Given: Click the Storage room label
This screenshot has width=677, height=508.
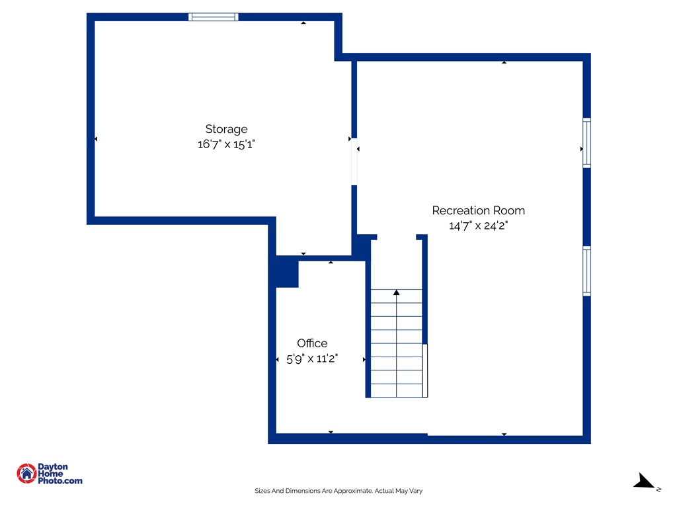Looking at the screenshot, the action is point(226,129).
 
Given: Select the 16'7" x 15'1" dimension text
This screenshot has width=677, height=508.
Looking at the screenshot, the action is point(226,144).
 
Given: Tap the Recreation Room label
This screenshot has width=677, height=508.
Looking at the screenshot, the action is point(479,210).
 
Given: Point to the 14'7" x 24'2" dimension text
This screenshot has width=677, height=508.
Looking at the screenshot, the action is point(479,226).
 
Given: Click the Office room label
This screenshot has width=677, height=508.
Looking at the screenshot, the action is point(312,343).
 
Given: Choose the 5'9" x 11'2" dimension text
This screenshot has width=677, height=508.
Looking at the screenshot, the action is point(312,359).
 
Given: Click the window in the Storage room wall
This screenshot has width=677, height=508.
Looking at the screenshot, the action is point(214,17).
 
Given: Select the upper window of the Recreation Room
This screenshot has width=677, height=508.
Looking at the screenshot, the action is point(587,143).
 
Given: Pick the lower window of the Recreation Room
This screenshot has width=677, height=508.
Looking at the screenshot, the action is point(587,271).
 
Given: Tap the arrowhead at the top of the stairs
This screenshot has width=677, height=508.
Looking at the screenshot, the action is point(397,292).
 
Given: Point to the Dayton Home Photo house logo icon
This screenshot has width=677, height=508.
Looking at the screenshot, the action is point(26,474).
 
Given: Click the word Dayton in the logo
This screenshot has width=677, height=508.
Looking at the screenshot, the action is point(53,466).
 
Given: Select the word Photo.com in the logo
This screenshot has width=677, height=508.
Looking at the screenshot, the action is point(60,480).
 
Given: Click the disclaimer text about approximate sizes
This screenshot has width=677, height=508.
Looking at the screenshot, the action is point(338,491).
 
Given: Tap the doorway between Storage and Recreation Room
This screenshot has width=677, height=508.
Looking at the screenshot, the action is point(354,161).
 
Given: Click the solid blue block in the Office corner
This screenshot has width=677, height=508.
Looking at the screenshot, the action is point(287,272).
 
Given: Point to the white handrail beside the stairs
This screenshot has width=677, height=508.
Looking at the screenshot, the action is point(425,370).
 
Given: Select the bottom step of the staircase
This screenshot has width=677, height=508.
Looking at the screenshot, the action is point(397,390).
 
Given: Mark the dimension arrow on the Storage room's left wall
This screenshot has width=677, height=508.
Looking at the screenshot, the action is point(96,139).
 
